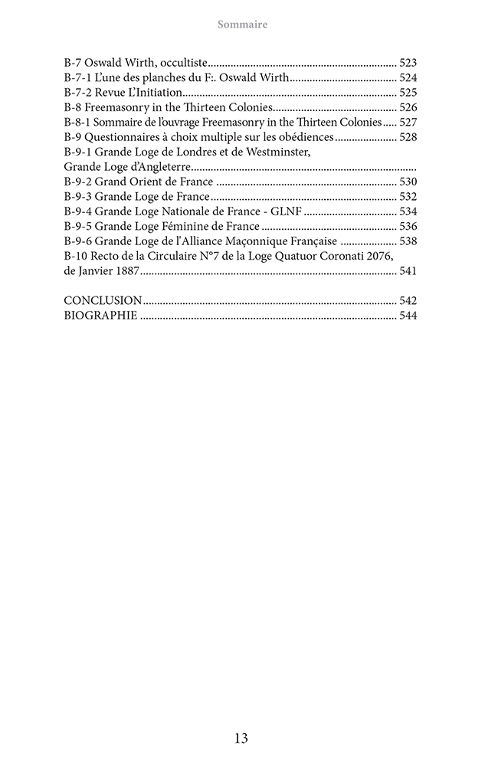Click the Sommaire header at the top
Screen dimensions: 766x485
point(242,25)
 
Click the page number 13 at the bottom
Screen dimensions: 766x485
point(241,738)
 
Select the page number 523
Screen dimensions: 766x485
point(408,64)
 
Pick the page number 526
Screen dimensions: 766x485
point(408,107)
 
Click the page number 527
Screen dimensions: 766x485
point(408,122)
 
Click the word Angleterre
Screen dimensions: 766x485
point(159,166)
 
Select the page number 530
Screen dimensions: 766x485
point(408,182)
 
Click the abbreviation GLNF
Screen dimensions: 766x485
point(287,211)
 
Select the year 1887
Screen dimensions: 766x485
point(125,270)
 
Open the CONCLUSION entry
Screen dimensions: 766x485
point(103,300)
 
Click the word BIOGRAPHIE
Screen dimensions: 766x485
point(100,315)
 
